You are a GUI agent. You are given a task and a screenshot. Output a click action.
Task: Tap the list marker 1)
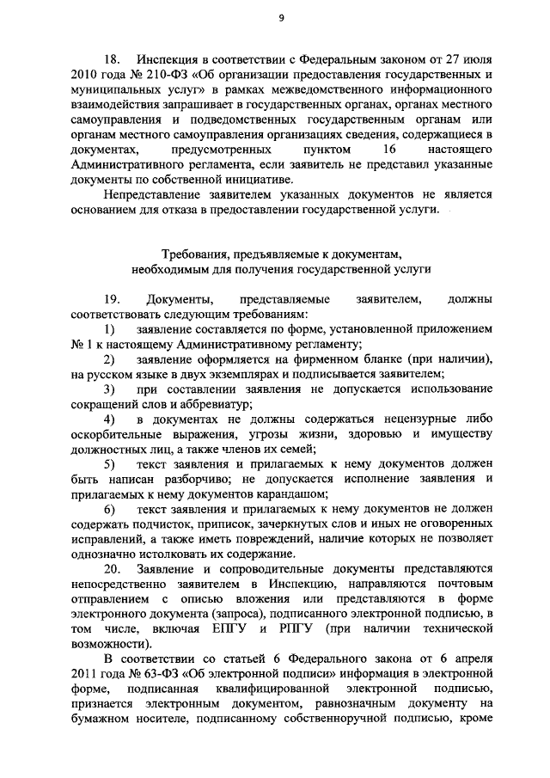click(x=110, y=329)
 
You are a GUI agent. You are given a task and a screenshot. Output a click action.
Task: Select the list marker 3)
click(x=110, y=389)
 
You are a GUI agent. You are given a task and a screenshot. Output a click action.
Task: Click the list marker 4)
click(x=110, y=420)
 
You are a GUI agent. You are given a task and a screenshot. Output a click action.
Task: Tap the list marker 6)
click(x=110, y=510)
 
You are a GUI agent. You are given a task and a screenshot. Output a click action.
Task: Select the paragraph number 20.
click(x=113, y=570)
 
